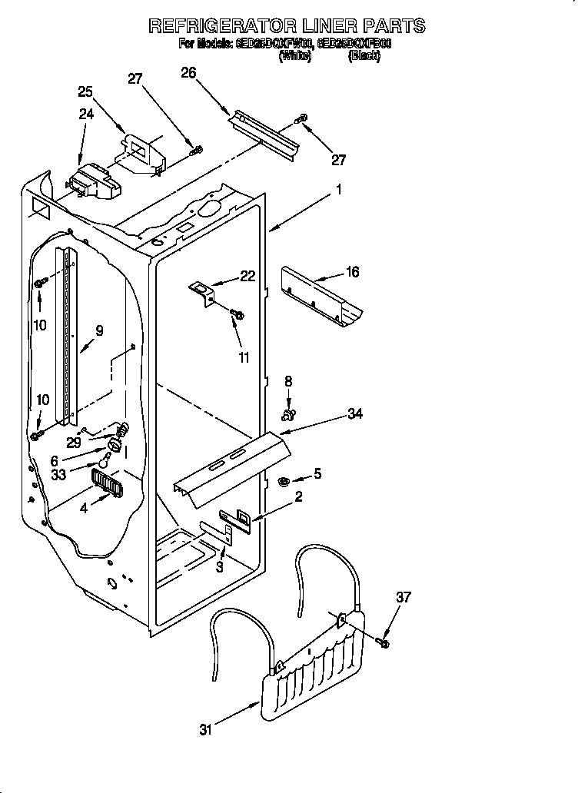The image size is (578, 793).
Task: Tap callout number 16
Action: (351, 272)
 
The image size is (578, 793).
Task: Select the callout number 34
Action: (354, 414)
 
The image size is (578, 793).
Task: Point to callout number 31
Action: (205, 730)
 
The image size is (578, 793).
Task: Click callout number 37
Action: (404, 597)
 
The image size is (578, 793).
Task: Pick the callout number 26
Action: (188, 73)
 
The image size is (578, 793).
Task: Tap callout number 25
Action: (85, 91)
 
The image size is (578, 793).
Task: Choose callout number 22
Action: (247, 277)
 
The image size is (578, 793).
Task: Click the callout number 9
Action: (98, 332)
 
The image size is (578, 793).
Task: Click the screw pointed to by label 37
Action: (384, 640)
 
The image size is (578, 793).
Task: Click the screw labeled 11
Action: (238, 314)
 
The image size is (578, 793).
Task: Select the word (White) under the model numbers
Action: (295, 56)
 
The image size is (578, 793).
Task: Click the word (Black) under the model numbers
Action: (364, 56)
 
